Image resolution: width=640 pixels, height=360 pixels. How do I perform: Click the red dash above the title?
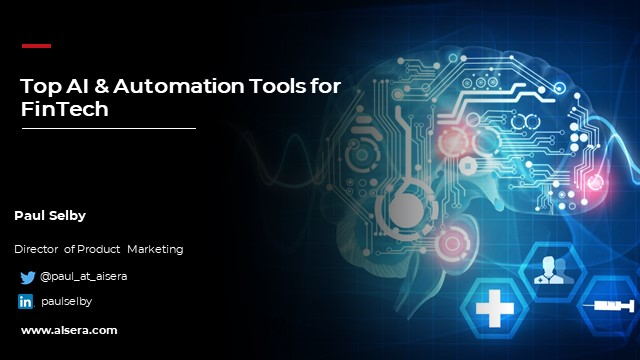36,45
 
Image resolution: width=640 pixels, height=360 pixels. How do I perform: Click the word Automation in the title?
172,86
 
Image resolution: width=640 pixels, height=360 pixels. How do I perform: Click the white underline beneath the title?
108,128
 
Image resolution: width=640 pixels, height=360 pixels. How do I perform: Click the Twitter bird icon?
27,277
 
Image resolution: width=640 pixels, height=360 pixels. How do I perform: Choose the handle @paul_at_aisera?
83,276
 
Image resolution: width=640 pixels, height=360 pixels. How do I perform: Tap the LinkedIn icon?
26,301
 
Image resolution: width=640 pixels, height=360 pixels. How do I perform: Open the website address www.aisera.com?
69,330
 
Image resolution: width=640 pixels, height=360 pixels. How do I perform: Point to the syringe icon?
606,306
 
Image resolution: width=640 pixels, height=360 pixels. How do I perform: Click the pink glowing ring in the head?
454,241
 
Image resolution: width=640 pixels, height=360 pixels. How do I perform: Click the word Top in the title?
39,86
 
